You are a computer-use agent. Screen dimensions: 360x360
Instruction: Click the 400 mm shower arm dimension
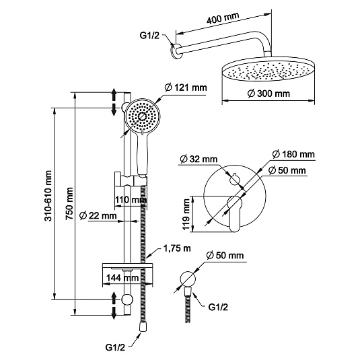click(x=223, y=17)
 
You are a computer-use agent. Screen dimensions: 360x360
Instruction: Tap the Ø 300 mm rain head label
click(x=268, y=94)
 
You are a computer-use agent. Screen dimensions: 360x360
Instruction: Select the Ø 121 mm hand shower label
click(x=186, y=87)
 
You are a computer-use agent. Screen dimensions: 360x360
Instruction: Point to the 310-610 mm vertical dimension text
click(x=48, y=196)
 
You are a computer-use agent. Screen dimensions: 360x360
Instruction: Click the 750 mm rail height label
click(x=69, y=204)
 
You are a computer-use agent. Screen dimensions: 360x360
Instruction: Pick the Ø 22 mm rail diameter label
click(x=98, y=216)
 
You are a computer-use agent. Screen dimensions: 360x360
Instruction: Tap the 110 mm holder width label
click(x=131, y=200)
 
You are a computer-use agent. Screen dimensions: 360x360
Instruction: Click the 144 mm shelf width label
click(x=122, y=278)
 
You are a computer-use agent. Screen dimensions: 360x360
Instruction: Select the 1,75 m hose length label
click(x=177, y=248)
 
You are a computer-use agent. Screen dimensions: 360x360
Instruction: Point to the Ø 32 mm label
click(x=199, y=159)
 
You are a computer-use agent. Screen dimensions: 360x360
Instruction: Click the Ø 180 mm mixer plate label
click(x=293, y=154)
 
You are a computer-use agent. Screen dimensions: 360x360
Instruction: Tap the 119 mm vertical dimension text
click(x=186, y=214)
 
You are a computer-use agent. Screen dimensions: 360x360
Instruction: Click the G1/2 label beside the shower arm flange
click(x=149, y=36)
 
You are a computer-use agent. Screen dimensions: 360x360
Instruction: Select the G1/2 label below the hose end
click(x=115, y=347)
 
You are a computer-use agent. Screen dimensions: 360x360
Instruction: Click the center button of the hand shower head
click(x=143, y=116)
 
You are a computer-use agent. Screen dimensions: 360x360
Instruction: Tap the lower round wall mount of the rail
click(x=127, y=299)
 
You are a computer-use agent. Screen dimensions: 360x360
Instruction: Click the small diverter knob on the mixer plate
click(x=234, y=178)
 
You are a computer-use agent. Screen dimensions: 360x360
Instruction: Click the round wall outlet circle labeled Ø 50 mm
click(x=188, y=279)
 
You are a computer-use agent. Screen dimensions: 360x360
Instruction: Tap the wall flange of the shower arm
click(x=176, y=51)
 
